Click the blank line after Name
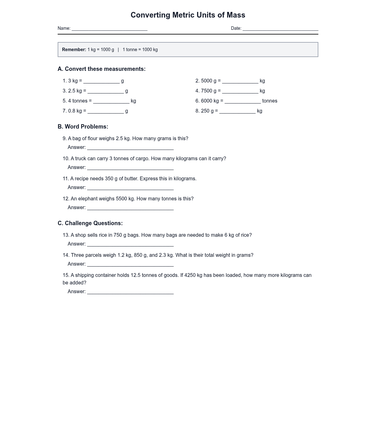click(x=109, y=29)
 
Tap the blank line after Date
click(x=280, y=29)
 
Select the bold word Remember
click(x=74, y=50)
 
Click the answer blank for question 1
click(x=101, y=82)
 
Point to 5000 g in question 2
click(x=208, y=81)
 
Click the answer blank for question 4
click(x=240, y=92)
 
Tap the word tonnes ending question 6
click(x=269, y=101)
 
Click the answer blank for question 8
click(x=237, y=112)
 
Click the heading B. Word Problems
click(x=83, y=127)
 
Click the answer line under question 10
click(x=130, y=168)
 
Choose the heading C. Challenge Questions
click(x=90, y=223)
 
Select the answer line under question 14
click(x=130, y=265)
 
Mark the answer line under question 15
click(x=130, y=292)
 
